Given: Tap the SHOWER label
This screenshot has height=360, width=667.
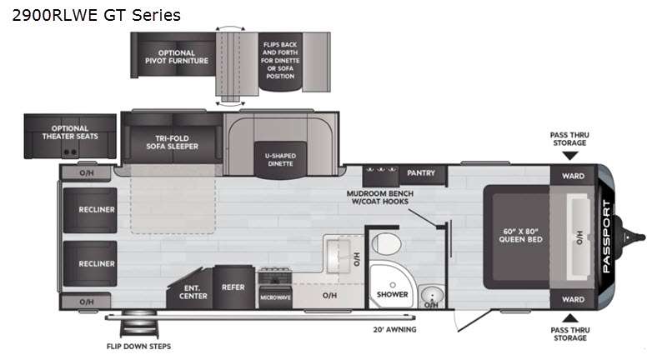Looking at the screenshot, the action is pos(392,294).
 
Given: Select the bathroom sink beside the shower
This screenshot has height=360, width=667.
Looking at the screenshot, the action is pos(432,295).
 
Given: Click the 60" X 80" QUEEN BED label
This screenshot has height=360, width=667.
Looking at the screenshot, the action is pos(520,236).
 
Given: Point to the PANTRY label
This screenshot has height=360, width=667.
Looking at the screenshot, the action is pos(421,173).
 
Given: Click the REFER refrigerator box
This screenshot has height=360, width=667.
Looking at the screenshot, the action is pos(233,287).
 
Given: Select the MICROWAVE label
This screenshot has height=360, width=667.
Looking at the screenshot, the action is pos(275,297).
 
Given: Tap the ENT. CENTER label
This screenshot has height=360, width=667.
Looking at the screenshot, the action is pos(193,292).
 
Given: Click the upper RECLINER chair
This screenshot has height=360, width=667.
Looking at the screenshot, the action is pos(90,210).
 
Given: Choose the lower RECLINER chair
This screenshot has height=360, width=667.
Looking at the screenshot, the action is pos(90,263).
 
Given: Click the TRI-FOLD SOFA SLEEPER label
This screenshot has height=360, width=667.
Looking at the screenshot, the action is pos(173,142).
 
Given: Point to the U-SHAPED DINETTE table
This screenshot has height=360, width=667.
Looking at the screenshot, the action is pos(280,160).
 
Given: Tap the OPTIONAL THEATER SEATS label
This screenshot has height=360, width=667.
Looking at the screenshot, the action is pos(70,132).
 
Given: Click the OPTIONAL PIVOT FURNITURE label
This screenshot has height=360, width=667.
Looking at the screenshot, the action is pos(177,57).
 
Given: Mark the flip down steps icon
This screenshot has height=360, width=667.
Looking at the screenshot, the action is pos(139,325).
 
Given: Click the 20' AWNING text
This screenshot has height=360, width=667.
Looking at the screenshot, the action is pos(394,329).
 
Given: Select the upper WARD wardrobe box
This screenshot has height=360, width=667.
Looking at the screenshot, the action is pos(573,175).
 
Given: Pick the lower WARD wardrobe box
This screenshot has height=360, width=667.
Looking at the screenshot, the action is pos(573,299).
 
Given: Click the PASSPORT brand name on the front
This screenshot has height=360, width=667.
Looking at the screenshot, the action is pos(607,237).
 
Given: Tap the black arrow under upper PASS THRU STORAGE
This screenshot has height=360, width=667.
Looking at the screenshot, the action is pos(570,156).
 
